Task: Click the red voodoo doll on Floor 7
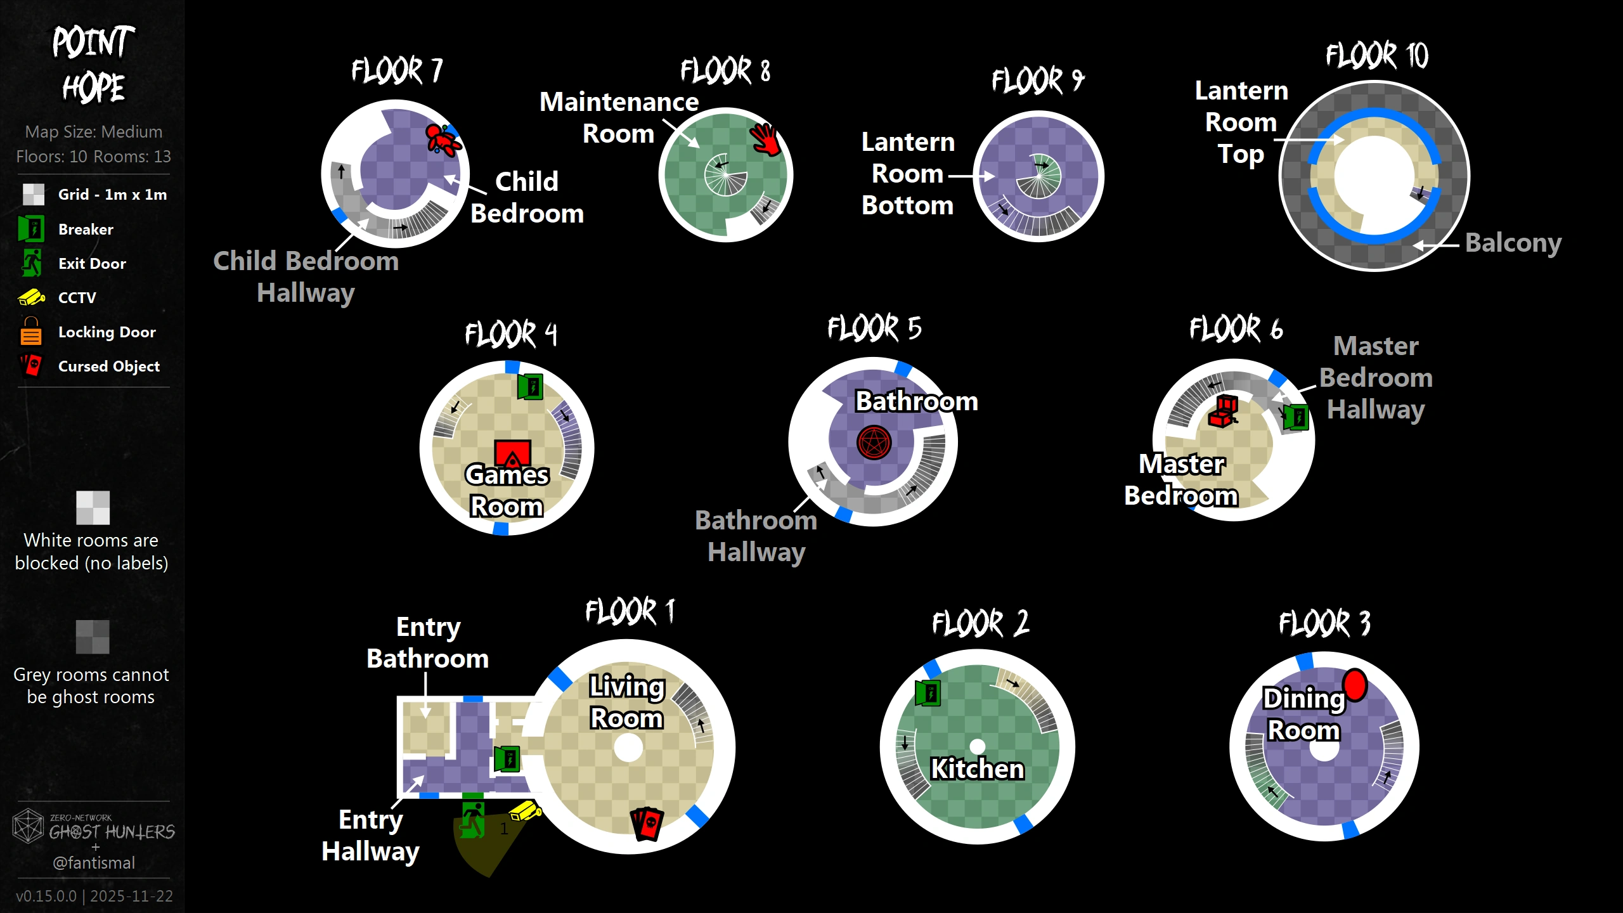coord(442,139)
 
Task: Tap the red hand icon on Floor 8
coord(765,139)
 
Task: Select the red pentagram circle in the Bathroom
coord(874,442)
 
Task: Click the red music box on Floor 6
coord(1224,411)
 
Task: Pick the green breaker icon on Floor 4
coord(530,386)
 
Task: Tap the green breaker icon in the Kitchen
coord(928,692)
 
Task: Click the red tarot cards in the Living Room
coord(647,824)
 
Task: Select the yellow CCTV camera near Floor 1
coord(525,811)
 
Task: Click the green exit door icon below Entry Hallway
coord(472,819)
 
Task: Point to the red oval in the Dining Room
coord(1355,685)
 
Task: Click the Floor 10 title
coord(1376,56)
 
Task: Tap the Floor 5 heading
coord(874,328)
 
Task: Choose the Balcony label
coord(1513,243)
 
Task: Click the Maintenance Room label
coord(619,118)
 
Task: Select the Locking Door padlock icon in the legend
coord(30,331)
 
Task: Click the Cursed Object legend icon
coord(30,366)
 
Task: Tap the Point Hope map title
coord(93,64)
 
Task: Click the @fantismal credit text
coord(94,863)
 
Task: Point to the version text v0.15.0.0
coord(46,896)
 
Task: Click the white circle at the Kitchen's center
coord(978,746)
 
